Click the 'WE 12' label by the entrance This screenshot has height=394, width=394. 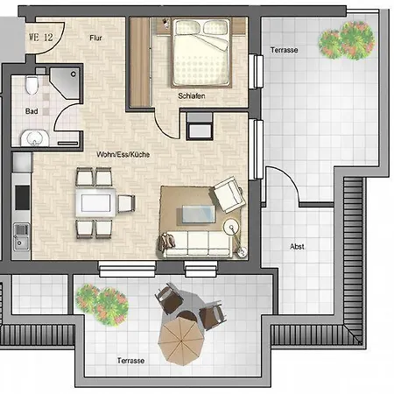coord(41,38)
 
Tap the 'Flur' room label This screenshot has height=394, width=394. coord(95,38)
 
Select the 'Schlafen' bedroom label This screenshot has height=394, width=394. coord(192,95)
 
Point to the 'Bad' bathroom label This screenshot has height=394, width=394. coord(32,111)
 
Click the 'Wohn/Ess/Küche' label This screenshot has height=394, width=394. coord(123,154)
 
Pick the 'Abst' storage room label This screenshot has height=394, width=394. coord(297,247)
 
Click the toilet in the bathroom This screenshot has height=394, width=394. coord(32,85)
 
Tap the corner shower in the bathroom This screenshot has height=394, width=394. coord(65,83)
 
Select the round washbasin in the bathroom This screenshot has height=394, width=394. coord(34,138)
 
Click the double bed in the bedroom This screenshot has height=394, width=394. coord(201,53)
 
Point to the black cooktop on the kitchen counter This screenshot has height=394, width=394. coord(23,197)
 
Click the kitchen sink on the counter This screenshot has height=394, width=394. coord(22,236)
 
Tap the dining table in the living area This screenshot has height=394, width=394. coord(95,203)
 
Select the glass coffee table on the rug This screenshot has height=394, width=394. coord(199,215)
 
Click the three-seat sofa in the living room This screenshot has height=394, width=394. coord(196,244)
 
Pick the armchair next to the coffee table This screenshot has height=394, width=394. coord(228,193)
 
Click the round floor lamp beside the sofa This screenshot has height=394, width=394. coord(231,227)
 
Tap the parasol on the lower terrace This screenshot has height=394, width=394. coord(181,341)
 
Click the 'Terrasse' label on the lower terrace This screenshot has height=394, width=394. coord(130,361)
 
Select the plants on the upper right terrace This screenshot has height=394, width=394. coord(347,40)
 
